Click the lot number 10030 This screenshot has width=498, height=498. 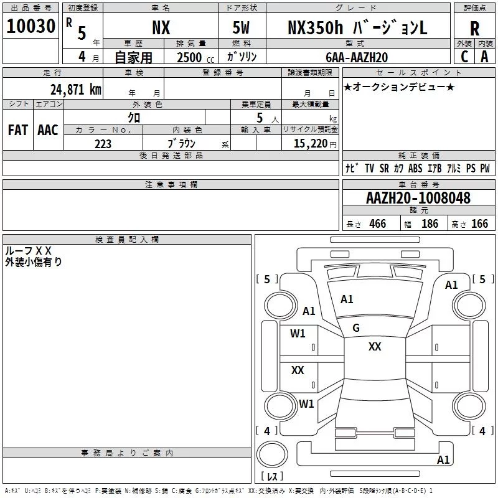click(31, 26)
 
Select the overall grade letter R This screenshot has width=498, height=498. click(474, 29)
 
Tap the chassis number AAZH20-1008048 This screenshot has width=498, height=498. click(418, 197)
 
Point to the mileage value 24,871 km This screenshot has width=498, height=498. click(75, 89)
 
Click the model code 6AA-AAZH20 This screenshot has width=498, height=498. click(357, 57)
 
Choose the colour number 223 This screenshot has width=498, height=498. click(103, 144)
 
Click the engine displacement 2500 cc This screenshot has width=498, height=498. click(195, 57)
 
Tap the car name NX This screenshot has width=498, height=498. click(161, 27)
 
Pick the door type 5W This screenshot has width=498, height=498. click(241, 27)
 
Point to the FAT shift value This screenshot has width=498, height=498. click(18, 130)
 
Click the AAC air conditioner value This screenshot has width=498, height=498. click(48, 130)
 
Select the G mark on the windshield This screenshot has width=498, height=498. click(356, 328)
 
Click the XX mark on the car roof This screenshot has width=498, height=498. click(375, 347)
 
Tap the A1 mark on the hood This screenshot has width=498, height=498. click(347, 299)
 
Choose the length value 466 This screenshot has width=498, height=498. click(378, 223)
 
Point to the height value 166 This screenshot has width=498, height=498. click(479, 223)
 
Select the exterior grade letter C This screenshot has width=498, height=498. click(464, 57)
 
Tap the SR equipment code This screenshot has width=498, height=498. click(384, 168)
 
